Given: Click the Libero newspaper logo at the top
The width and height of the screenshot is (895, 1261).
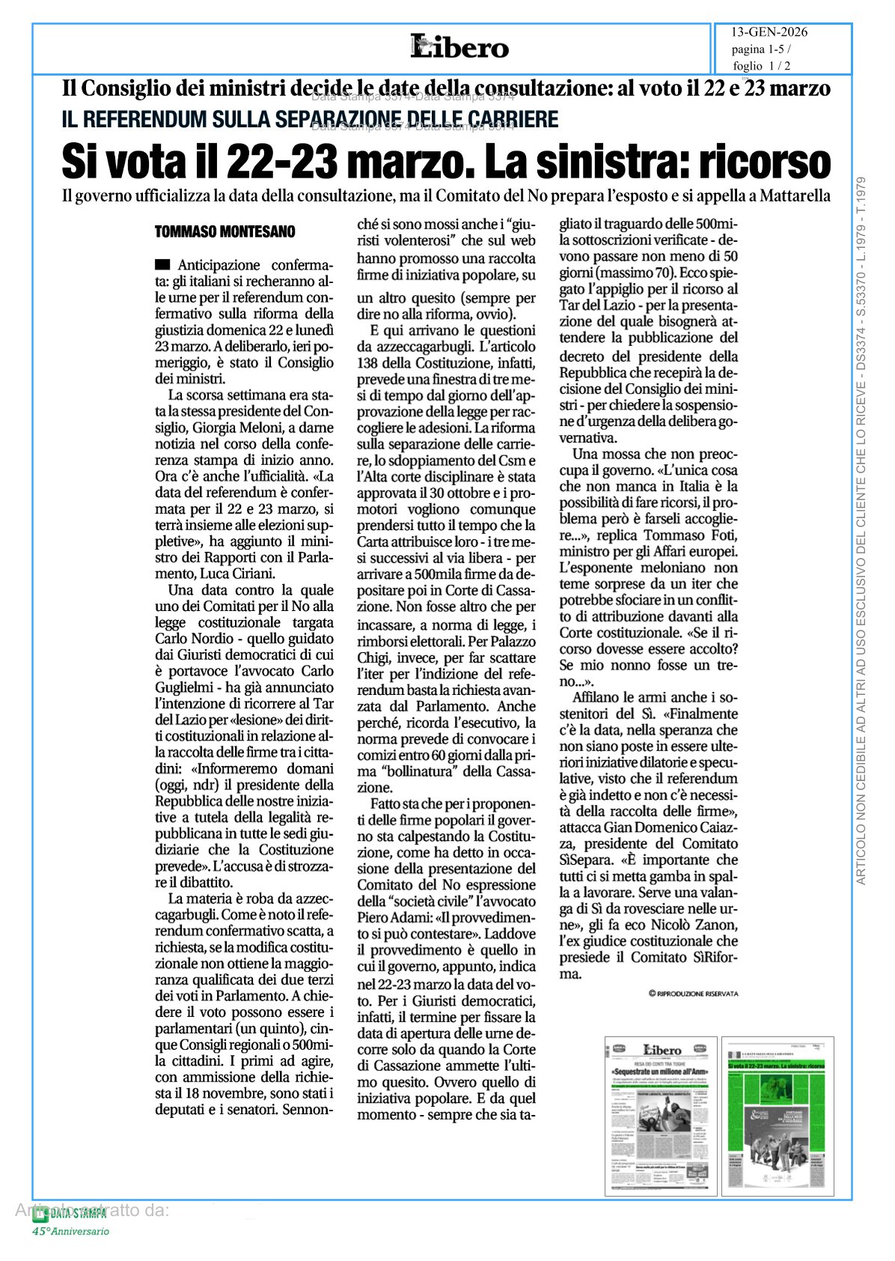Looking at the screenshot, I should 459,47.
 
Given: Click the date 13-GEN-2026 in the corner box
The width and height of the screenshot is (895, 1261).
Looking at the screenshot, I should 769,32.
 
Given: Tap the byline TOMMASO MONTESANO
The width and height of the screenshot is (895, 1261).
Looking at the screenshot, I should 224,232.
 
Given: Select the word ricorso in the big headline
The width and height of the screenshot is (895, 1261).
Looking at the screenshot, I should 764,162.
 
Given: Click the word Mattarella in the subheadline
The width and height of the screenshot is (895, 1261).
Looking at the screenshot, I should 795,196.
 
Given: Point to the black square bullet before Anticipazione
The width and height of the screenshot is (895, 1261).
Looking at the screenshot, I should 162,265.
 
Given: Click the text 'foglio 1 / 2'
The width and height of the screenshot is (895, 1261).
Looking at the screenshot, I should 762,66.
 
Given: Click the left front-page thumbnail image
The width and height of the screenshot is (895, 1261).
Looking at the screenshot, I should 661,1116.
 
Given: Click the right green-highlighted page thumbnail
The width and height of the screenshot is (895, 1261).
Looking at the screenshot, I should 778,1116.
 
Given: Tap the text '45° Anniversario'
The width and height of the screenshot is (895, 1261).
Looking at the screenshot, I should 70,1232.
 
